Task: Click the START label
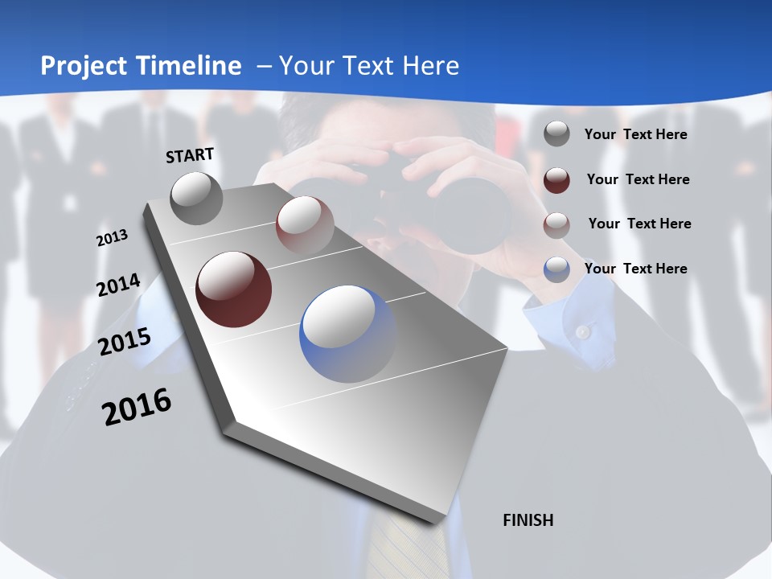(x=190, y=154)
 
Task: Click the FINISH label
(x=528, y=520)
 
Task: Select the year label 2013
(x=113, y=238)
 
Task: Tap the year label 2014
(x=119, y=285)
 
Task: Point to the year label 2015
(x=125, y=342)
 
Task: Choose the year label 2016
(x=138, y=407)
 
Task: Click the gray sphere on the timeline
(x=197, y=198)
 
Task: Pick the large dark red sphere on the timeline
(x=234, y=289)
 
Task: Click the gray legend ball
(x=556, y=134)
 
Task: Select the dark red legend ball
(x=556, y=179)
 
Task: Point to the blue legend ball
(x=556, y=269)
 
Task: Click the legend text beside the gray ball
(x=635, y=134)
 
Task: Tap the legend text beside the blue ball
(x=635, y=269)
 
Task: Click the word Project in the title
(x=84, y=66)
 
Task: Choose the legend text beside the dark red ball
(x=638, y=179)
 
